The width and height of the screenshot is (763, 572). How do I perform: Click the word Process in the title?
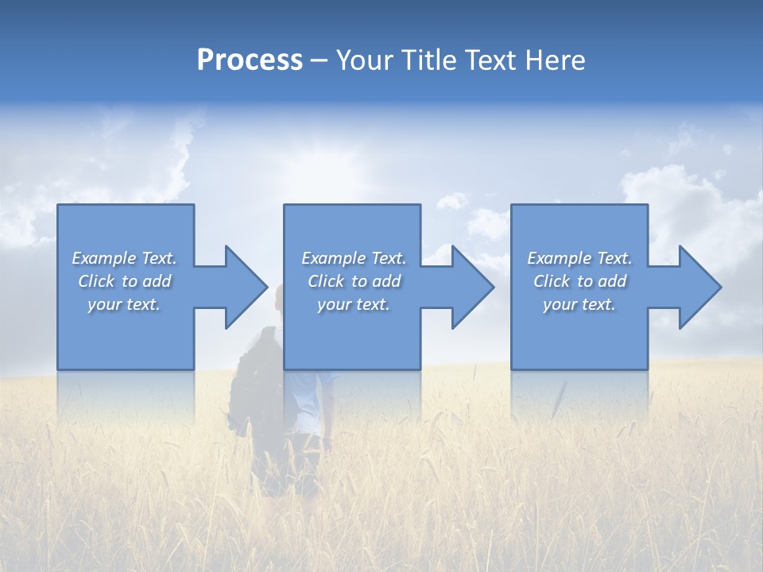point(250,61)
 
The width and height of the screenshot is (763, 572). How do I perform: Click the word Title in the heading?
point(430,61)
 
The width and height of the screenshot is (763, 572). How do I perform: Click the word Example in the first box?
point(104,258)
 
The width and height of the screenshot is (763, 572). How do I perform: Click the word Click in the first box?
point(96,281)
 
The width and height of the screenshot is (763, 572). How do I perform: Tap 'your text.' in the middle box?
point(354,304)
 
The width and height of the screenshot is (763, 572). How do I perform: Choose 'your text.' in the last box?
point(579,304)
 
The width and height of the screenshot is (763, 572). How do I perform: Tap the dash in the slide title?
point(320,61)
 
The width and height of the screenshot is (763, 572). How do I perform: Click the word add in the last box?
point(613,281)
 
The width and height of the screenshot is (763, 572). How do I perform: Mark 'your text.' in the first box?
point(124,304)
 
